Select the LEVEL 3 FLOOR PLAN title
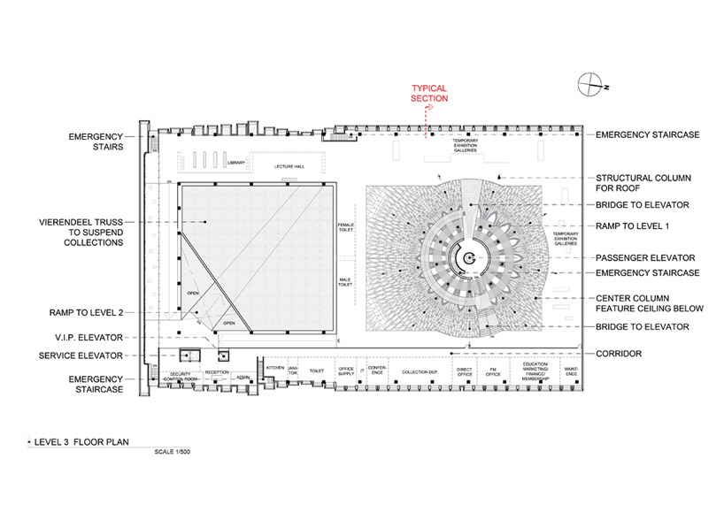[x=73, y=439]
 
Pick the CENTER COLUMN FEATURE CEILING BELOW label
[x=650, y=303]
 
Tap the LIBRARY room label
[x=235, y=163]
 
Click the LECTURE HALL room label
[x=289, y=165]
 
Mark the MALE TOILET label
[x=345, y=283]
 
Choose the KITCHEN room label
[x=275, y=368]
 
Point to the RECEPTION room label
[x=217, y=372]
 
